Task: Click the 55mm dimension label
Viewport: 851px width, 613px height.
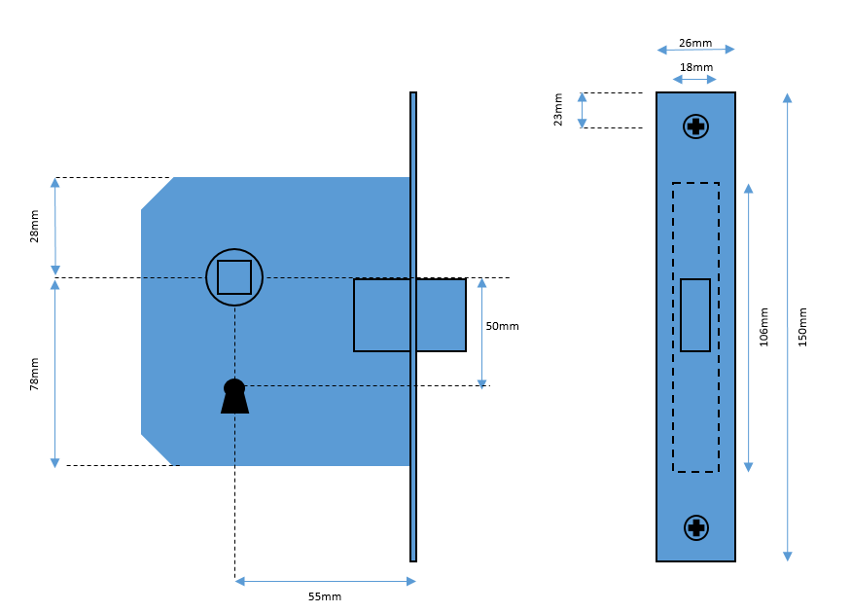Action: pyautogui.click(x=325, y=596)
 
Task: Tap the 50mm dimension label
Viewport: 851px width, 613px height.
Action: pyautogui.click(x=502, y=326)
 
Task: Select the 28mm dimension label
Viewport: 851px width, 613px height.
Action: pyautogui.click(x=35, y=227)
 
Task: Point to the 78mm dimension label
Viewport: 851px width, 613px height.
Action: pyautogui.click(x=35, y=374)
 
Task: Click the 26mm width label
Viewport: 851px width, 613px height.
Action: pyautogui.click(x=694, y=43)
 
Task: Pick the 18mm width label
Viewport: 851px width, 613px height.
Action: pyautogui.click(x=694, y=67)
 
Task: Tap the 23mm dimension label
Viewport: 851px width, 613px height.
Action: pyautogui.click(x=558, y=110)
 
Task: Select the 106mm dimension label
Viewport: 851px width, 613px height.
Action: pyautogui.click(x=763, y=327)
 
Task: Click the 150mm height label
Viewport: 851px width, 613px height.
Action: pyautogui.click(x=802, y=327)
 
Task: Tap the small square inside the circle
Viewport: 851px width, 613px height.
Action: pyautogui.click(x=234, y=277)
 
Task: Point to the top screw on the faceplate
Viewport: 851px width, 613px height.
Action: pyautogui.click(x=695, y=126)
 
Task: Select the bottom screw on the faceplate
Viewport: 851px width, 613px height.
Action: pyautogui.click(x=695, y=527)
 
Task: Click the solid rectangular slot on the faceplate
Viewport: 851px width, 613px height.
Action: pyautogui.click(x=695, y=315)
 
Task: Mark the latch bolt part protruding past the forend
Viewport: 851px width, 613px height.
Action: pyautogui.click(x=442, y=315)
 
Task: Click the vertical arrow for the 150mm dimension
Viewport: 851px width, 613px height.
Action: pyautogui.click(x=787, y=327)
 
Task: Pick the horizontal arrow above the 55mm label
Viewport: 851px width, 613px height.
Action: pyautogui.click(x=325, y=581)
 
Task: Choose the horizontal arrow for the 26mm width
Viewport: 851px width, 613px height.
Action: pyautogui.click(x=695, y=49)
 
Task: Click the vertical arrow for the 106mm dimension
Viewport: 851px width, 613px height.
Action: pyautogui.click(x=748, y=327)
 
